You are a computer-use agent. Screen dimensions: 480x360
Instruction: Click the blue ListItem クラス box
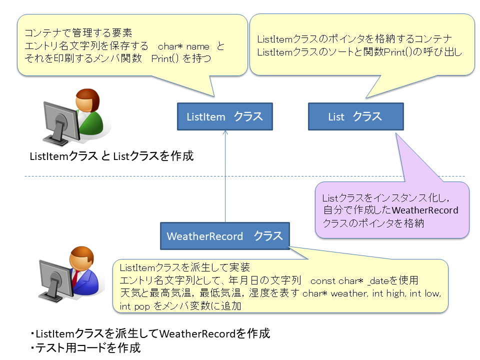225,116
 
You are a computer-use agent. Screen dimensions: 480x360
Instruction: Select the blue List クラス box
355,116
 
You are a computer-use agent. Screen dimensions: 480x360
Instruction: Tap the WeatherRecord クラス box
225,236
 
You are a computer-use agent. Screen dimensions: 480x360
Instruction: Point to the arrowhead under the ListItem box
225,132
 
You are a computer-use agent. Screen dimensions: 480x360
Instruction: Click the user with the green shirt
89,113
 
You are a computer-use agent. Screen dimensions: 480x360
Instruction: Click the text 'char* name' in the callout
183,46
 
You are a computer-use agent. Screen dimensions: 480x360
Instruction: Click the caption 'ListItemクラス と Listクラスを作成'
111,156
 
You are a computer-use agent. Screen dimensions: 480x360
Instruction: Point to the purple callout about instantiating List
392,210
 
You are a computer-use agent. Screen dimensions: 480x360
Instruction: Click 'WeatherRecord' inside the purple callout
425,210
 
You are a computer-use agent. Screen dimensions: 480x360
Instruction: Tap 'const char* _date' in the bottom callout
349,280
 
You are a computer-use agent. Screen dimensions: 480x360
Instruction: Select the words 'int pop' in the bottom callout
134,306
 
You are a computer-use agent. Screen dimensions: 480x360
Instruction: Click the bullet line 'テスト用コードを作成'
85,348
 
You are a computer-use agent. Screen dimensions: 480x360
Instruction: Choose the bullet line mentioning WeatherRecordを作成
150,333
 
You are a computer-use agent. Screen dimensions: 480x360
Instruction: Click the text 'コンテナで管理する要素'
78,33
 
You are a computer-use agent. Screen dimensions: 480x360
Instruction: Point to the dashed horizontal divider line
244,176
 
